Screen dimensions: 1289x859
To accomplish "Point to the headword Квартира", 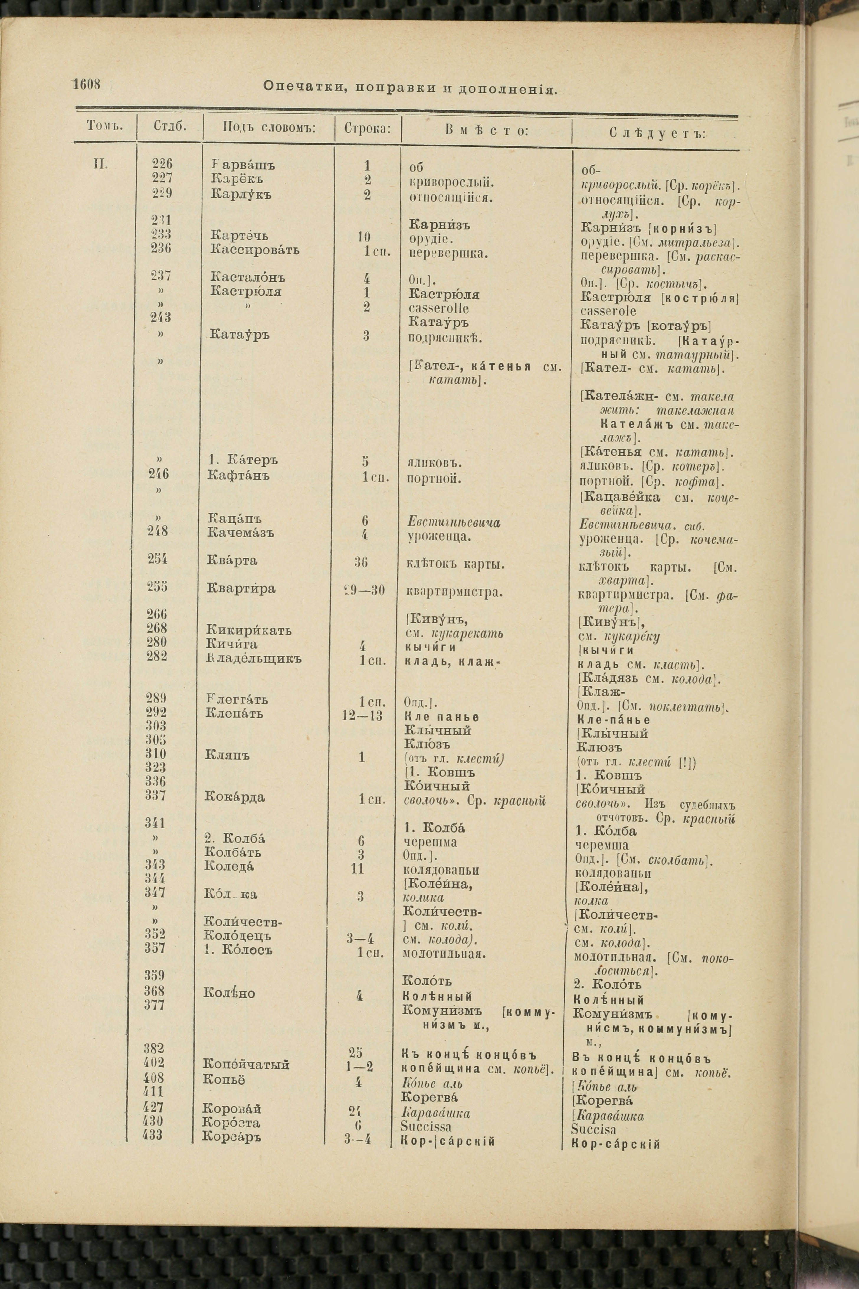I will (x=241, y=589).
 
